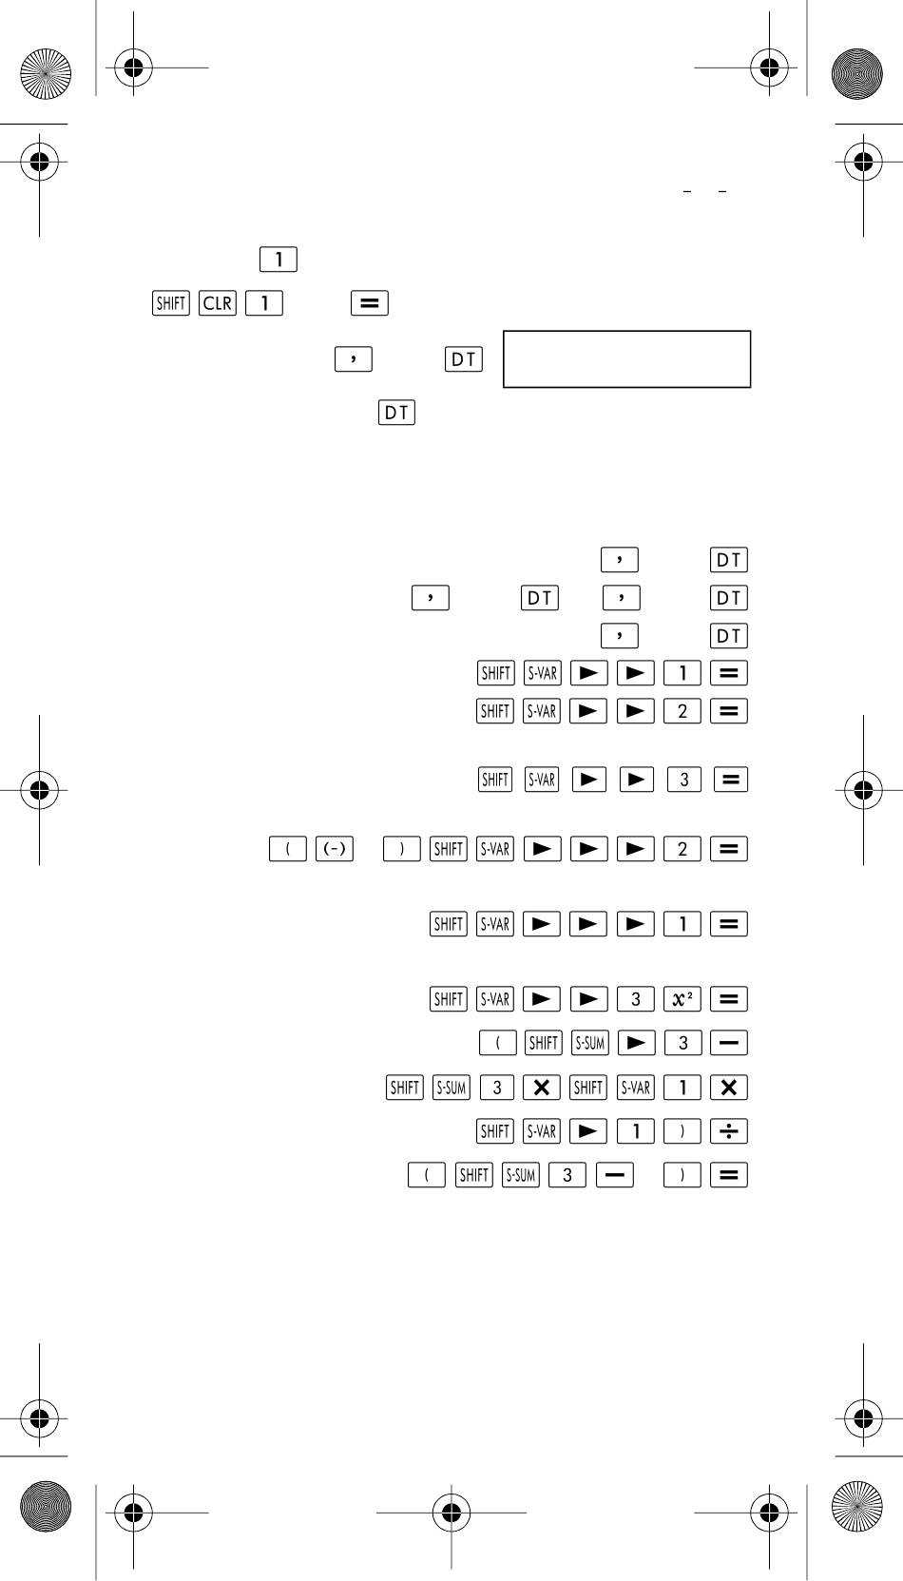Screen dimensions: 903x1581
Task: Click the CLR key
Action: [218, 303]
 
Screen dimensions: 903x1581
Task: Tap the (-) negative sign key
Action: [335, 848]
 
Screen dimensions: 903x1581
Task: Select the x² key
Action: [682, 999]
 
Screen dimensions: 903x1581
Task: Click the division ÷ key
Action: [729, 1131]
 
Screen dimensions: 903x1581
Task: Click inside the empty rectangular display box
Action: [627, 359]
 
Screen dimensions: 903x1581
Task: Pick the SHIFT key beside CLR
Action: [171, 303]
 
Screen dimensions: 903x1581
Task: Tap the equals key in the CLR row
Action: [370, 303]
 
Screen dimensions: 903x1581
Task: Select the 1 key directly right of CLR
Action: [264, 303]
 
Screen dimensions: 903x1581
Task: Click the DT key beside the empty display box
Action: [464, 359]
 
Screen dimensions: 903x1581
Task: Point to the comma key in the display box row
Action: [354, 359]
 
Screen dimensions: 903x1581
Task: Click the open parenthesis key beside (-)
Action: [288, 848]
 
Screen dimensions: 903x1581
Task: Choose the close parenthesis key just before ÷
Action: [682, 1131]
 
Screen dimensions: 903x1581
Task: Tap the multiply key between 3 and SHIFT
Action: [541, 1088]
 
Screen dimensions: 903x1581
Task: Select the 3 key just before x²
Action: [636, 999]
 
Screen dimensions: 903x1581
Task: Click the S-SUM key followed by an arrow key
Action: [589, 1043]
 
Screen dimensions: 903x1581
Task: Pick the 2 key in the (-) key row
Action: [682, 848]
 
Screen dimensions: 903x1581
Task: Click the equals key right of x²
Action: [729, 999]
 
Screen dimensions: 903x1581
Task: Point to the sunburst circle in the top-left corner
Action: [46, 73]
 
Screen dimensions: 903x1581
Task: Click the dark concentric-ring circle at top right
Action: [857, 73]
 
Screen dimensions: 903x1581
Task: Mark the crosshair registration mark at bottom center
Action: [451, 1513]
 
